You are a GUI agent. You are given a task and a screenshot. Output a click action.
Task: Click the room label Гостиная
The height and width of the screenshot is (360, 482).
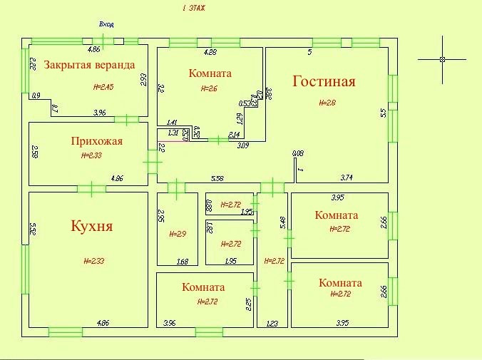(324, 81)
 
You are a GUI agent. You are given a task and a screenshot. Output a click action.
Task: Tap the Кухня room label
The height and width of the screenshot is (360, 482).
(92, 227)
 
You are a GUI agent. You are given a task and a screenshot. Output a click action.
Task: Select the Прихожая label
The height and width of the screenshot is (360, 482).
(97, 141)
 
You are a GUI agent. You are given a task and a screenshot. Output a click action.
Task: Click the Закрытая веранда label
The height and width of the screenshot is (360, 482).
(89, 65)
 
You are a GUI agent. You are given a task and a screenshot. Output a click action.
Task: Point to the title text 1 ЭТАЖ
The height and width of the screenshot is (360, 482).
(193, 8)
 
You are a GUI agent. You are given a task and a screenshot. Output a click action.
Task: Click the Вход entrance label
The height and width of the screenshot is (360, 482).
(106, 24)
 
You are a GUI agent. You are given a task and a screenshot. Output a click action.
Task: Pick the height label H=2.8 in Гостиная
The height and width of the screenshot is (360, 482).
(326, 103)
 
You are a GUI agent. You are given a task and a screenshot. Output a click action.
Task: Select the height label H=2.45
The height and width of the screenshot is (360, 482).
(103, 87)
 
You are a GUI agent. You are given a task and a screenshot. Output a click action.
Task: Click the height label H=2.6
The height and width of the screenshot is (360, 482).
(209, 88)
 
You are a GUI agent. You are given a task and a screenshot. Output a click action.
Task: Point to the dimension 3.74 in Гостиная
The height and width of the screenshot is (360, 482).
(347, 177)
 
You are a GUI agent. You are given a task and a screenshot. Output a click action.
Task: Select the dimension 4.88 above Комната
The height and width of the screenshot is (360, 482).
(210, 52)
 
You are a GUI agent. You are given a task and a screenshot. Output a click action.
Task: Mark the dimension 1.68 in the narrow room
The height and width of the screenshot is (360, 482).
(182, 262)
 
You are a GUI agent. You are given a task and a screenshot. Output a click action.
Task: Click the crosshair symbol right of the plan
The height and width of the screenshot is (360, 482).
(443, 59)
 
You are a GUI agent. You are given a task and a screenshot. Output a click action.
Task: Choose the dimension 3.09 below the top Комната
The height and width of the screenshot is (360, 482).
(242, 145)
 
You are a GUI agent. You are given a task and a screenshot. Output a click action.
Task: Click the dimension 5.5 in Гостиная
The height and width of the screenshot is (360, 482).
(383, 112)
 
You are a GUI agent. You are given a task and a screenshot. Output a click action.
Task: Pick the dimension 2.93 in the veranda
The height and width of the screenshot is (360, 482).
(143, 79)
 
